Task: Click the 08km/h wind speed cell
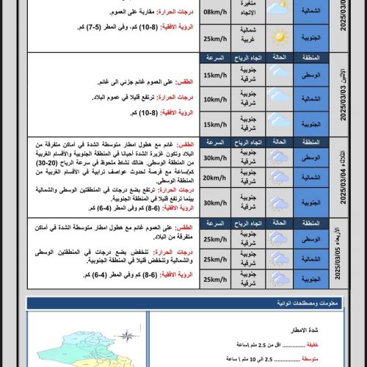[216, 12]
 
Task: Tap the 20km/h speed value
[216, 178]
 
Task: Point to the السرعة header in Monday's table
[216, 57]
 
